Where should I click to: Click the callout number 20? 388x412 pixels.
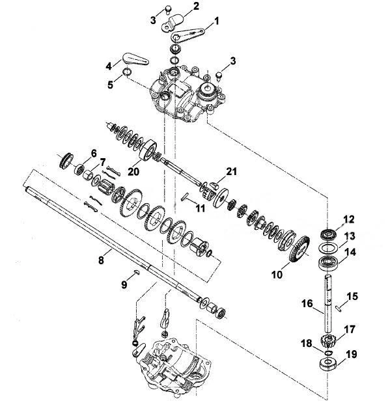pyautogui.click(x=133, y=172)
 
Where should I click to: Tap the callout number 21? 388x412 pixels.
pyautogui.click(x=231, y=171)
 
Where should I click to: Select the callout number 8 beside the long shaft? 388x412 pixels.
pyautogui.click(x=101, y=260)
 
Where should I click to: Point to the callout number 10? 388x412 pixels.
pyautogui.click(x=277, y=275)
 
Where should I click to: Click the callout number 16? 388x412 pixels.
pyautogui.click(x=307, y=304)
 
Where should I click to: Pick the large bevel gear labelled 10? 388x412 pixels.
pyautogui.click(x=299, y=249)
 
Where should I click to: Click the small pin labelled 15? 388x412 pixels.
pyautogui.click(x=339, y=308)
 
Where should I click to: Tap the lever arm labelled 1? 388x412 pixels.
pyautogui.click(x=187, y=34)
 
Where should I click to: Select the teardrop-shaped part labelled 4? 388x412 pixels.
pyautogui.click(x=135, y=59)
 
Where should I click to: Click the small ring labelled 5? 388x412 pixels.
pyautogui.click(x=127, y=72)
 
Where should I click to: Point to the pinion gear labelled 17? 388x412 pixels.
pyautogui.click(x=328, y=341)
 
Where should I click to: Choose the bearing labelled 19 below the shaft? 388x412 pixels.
pyautogui.click(x=327, y=364)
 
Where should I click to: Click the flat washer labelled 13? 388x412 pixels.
pyautogui.click(x=327, y=247)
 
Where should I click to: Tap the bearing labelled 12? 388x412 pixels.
pyautogui.click(x=328, y=234)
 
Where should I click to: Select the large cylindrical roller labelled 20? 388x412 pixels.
pyautogui.click(x=148, y=150)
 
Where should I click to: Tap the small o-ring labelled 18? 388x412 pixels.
pyautogui.click(x=329, y=351)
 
